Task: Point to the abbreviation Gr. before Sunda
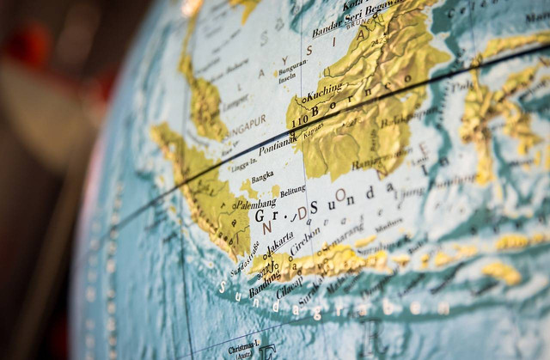click(264, 216)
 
